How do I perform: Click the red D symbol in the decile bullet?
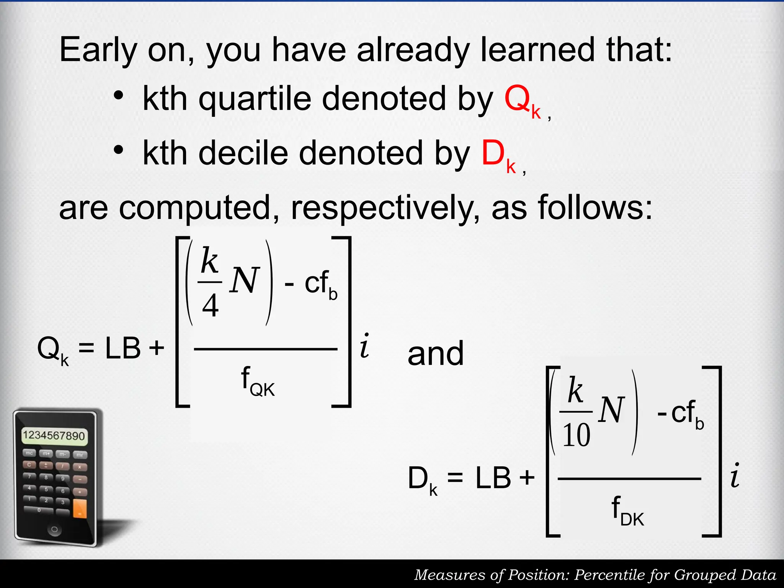tap(493, 153)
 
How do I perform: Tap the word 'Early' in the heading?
tap(98, 50)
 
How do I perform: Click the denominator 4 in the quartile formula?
tap(210, 306)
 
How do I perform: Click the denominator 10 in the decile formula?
tap(576, 435)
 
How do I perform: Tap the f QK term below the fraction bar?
tap(258, 381)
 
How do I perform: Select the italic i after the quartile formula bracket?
tap(365, 346)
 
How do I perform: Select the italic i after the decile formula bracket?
tap(735, 475)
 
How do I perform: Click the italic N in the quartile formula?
tap(244, 281)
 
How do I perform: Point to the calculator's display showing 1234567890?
tap(54, 436)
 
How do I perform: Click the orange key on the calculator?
tap(80, 508)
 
